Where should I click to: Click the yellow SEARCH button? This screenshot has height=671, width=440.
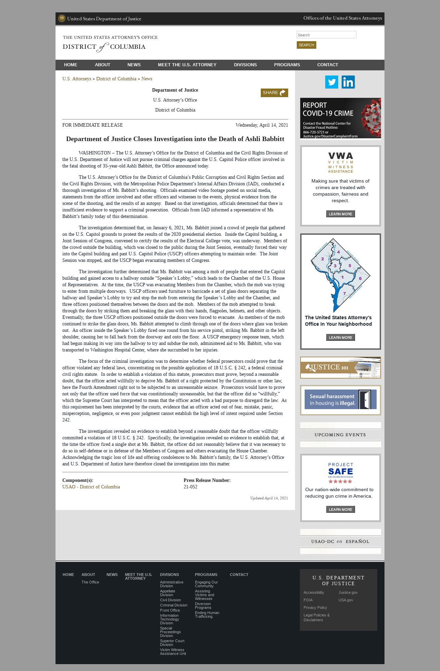306,45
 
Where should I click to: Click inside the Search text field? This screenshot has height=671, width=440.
326,35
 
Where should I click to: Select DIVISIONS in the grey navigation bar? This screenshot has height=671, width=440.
245,65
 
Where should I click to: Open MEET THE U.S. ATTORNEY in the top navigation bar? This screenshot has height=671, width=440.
187,65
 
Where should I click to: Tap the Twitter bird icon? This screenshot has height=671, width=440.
331,82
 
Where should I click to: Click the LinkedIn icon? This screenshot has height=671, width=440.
348,82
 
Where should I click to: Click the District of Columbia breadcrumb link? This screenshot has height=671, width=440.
116,79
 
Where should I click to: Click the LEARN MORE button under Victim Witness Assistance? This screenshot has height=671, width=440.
340,214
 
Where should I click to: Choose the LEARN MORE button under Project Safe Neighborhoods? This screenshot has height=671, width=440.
340,509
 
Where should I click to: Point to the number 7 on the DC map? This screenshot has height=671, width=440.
344,293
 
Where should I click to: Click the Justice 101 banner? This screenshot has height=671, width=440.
340,368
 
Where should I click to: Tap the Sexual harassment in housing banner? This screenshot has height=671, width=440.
340,400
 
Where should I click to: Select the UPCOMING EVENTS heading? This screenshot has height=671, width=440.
340,435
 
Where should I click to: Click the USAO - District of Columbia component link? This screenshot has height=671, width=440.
91,487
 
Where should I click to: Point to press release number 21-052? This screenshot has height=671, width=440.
191,487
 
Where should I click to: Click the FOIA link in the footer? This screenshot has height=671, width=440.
308,600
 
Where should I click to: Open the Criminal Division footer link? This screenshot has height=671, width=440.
174,605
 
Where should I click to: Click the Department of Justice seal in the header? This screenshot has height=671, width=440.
62,19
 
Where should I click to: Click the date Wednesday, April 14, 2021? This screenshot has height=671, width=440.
262,125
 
